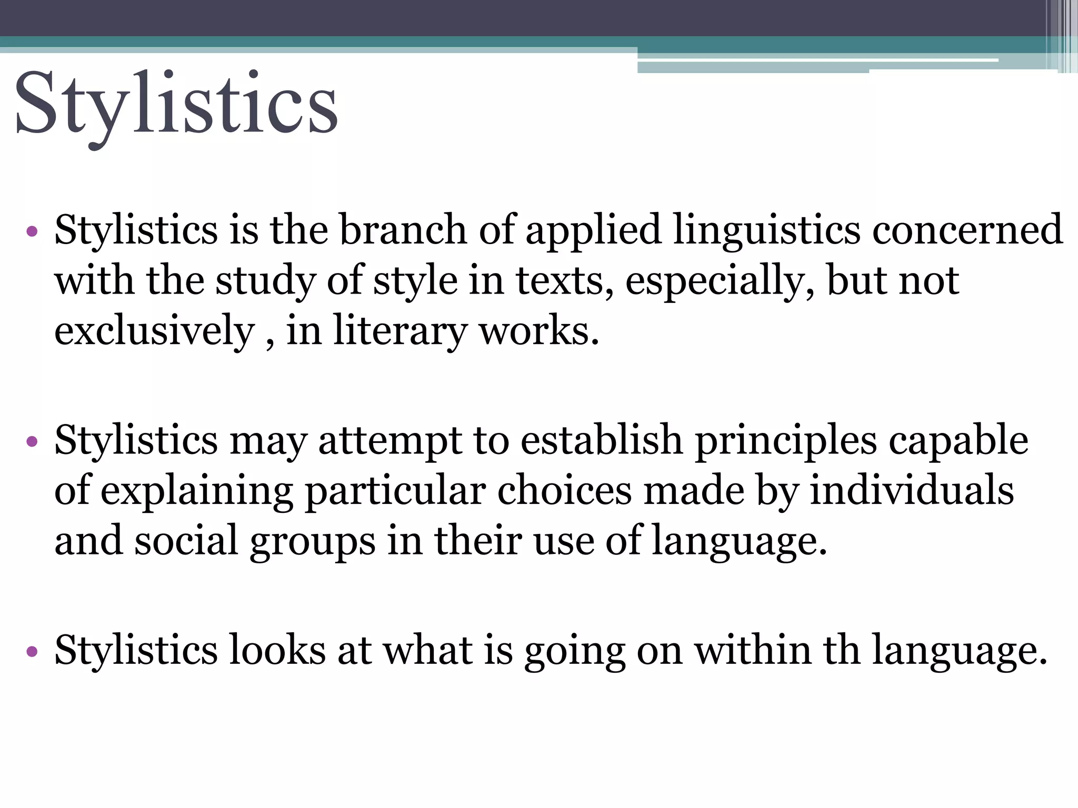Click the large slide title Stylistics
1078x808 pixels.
[x=176, y=105]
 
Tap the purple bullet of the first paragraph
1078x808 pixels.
[x=32, y=231]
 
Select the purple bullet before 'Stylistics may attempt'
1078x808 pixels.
[x=32, y=441]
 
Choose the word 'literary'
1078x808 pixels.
[x=400, y=332]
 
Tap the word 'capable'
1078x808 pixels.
[x=959, y=440]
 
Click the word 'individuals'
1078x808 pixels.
[x=912, y=490]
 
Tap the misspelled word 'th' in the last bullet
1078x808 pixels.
[x=842, y=650]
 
